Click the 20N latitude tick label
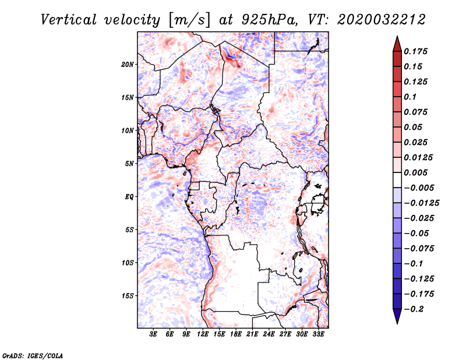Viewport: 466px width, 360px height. pyautogui.click(x=128, y=64)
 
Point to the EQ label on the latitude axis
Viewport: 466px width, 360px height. pyautogui.click(x=129, y=197)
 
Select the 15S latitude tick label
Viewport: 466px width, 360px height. pyautogui.click(x=128, y=296)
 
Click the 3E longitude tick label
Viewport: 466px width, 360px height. pyautogui.click(x=153, y=334)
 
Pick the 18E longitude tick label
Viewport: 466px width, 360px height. pyautogui.click(x=236, y=334)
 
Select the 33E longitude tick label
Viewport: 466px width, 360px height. pyautogui.click(x=319, y=334)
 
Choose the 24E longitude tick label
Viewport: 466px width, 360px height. pyautogui.click(x=269, y=334)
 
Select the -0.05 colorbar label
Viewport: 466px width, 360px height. pyautogui.click(x=417, y=233)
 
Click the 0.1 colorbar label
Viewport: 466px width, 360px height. pyautogui.click(x=413, y=97)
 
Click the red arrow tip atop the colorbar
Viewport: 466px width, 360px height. pyautogui.click(x=397, y=41)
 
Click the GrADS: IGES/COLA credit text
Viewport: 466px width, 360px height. pyautogui.click(x=24, y=355)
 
